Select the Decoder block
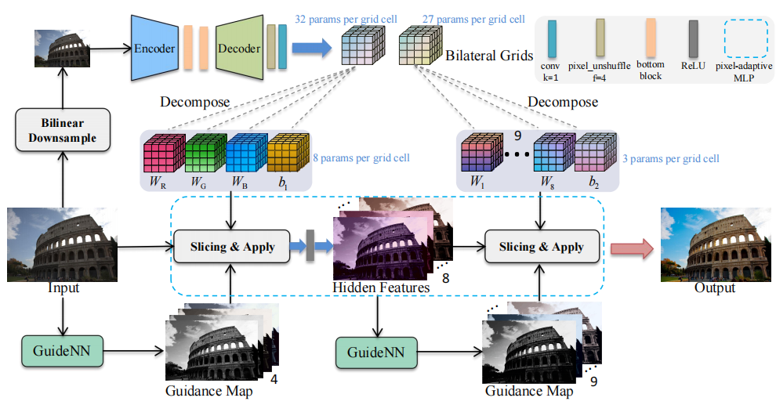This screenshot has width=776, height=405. click(x=238, y=49)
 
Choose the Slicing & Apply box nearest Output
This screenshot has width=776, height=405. click(x=541, y=246)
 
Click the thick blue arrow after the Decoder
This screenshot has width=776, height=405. click(x=312, y=49)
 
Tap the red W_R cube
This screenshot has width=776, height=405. click(x=162, y=152)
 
